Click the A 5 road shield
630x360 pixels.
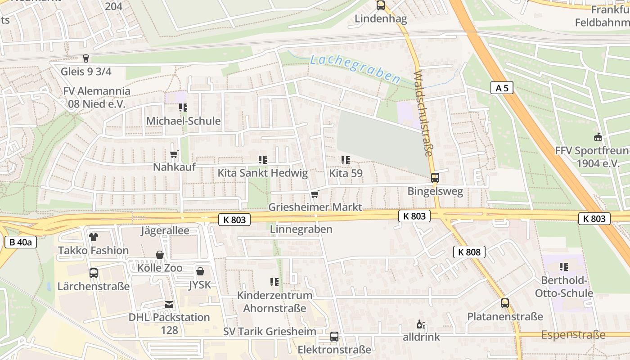click(x=502, y=88)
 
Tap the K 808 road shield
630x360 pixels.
click(x=469, y=252)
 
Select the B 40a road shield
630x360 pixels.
click(x=20, y=242)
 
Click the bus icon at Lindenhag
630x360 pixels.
click(x=381, y=6)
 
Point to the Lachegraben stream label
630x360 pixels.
click(x=355, y=69)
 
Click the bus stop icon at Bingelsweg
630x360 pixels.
click(x=435, y=177)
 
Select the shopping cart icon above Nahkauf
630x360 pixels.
click(x=174, y=154)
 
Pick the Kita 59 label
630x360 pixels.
click(x=346, y=173)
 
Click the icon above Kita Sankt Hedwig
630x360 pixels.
click(x=263, y=160)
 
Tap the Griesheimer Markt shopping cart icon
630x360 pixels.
click(x=315, y=194)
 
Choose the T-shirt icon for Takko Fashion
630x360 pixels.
click(x=93, y=237)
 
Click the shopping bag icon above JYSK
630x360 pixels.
click(x=200, y=271)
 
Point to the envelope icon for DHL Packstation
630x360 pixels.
click(x=169, y=305)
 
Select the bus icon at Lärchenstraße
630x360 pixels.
click(x=94, y=273)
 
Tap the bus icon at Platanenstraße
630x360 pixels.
click(x=505, y=303)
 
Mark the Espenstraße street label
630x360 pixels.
click(x=573, y=335)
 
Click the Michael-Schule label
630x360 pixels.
click(x=183, y=121)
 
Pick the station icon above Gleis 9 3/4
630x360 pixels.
click(x=86, y=58)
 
